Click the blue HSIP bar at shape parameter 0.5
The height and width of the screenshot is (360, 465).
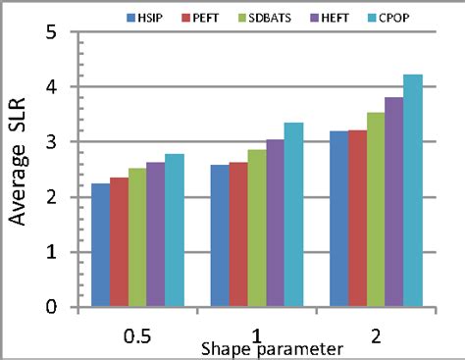coord(100,245)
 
